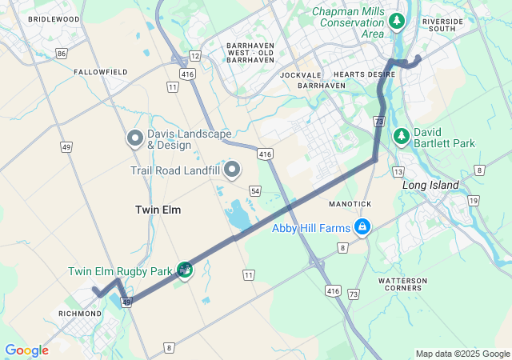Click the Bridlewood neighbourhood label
point(54,18)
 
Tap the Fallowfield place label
point(101,72)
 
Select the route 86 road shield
point(62,54)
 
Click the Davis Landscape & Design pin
point(134,138)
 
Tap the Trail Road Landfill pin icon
point(233,170)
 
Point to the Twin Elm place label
point(158,210)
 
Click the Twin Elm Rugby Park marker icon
point(185,270)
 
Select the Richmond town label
point(80,314)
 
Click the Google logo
point(26,350)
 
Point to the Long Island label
point(430,186)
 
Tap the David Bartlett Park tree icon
point(402,138)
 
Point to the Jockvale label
point(301,74)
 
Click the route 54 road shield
point(254,190)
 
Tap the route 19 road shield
point(474,201)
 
